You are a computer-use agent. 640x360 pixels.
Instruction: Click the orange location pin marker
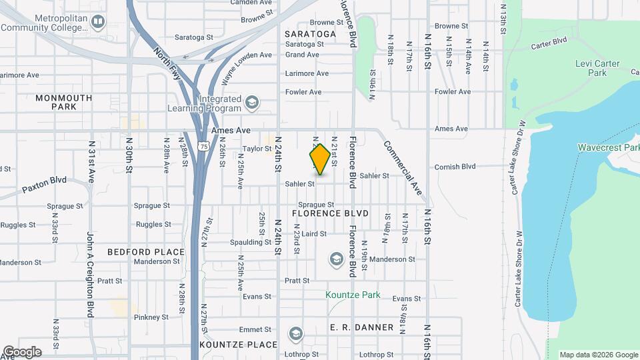click(x=320, y=159)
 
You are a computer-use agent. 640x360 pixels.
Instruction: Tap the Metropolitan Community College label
click(x=46, y=22)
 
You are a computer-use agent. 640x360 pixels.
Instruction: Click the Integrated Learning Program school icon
click(x=251, y=103)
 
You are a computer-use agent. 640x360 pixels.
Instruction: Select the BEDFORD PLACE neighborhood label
click(x=145, y=252)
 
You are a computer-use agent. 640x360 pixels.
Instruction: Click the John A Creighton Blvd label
click(x=90, y=274)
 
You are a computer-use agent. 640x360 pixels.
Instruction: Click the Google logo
click(x=22, y=351)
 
